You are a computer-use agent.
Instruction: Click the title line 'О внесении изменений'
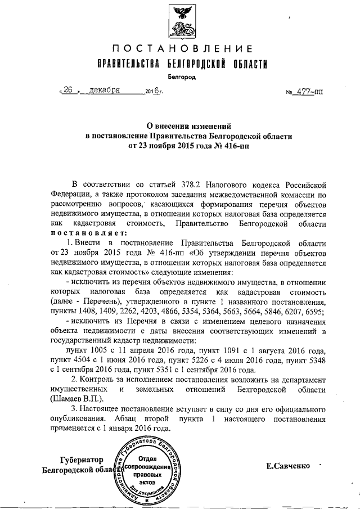tap(181, 127)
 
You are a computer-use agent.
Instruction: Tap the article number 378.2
tap(182, 184)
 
